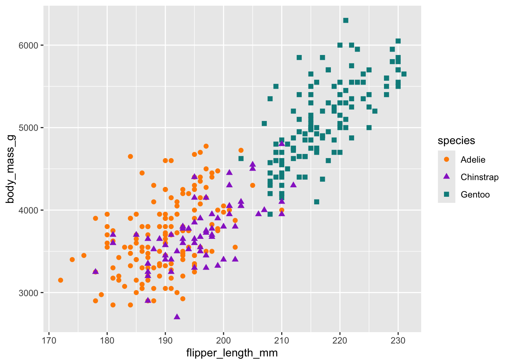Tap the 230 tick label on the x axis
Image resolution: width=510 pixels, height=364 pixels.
click(x=398, y=340)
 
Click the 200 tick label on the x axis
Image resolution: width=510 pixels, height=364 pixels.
click(x=224, y=340)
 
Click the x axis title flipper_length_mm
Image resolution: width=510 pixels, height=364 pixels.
click(x=232, y=353)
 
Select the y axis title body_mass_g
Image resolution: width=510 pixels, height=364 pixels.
click(x=11, y=169)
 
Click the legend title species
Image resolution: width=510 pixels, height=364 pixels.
click(x=456, y=141)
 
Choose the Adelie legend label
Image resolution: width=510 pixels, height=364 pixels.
click(x=473, y=160)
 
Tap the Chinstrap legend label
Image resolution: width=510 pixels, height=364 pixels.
click(x=479, y=177)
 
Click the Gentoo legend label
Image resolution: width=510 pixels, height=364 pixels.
click(x=475, y=195)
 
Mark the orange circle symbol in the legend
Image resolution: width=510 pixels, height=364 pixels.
click(x=447, y=160)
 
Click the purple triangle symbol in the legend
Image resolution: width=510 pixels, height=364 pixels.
click(x=447, y=177)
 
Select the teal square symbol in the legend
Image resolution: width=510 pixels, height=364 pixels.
click(x=447, y=195)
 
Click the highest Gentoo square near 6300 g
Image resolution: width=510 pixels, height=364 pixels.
click(x=346, y=20)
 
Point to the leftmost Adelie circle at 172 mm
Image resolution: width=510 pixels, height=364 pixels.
click(x=60, y=280)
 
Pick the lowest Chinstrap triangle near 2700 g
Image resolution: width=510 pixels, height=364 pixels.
click(x=177, y=317)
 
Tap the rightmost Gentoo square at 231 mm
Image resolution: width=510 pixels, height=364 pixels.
click(x=404, y=74)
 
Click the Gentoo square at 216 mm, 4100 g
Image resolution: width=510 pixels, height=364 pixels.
click(x=316, y=202)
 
